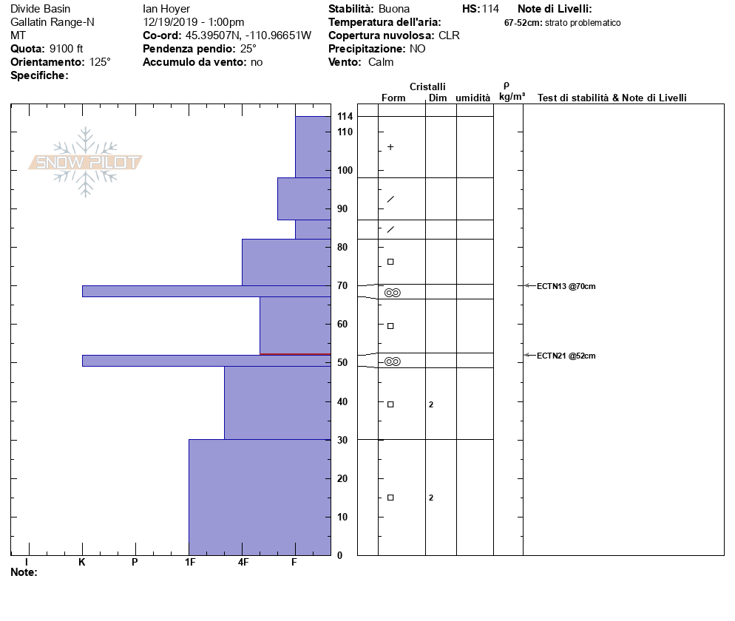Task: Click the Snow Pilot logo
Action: [x=85, y=162]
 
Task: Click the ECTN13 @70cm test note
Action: [x=566, y=286]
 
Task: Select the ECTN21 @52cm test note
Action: [x=566, y=356]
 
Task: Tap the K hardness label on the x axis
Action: [x=82, y=563]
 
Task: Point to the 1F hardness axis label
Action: [x=190, y=563]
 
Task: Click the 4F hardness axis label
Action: [x=243, y=563]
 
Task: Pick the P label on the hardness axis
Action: [x=135, y=563]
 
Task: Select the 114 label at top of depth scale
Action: [x=345, y=117]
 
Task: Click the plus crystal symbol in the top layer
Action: [x=390, y=147]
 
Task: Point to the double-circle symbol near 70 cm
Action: [x=392, y=293]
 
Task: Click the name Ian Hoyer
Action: [x=166, y=9]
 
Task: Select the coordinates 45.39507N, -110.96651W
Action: [x=248, y=35]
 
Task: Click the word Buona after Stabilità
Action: [x=394, y=9]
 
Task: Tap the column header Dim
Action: [x=438, y=98]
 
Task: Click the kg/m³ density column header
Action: [x=512, y=97]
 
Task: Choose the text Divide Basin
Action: [x=41, y=9]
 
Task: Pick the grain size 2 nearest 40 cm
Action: [x=431, y=404]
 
